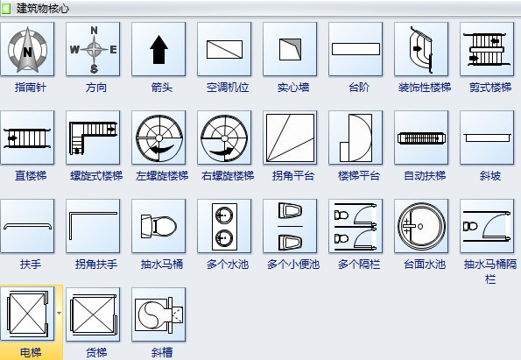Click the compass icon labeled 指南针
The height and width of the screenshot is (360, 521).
[27, 50]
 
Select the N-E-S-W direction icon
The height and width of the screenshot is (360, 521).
[93, 50]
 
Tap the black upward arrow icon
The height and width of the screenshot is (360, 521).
[158, 50]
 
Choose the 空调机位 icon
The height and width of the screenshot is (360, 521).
[224, 50]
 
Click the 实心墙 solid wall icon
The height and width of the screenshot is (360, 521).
[290, 50]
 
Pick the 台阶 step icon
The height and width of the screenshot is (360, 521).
[356, 50]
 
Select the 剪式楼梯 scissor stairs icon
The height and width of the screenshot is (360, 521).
[487, 50]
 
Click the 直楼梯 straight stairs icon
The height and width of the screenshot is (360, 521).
[27, 138]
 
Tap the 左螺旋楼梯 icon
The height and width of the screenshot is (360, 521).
[158, 138]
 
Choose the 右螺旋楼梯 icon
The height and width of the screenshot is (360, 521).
[224, 138]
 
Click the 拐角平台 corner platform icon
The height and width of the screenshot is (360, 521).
[290, 138]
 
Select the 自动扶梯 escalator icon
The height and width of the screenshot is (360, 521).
[421, 138]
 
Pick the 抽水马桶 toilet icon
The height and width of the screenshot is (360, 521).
[158, 226]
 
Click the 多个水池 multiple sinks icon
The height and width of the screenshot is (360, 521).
[224, 226]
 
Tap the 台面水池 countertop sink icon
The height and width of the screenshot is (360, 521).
[421, 226]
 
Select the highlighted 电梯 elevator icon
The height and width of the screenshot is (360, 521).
[27, 314]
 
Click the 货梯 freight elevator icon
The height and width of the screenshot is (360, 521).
[93, 314]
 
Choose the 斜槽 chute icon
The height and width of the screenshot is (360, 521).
[158, 314]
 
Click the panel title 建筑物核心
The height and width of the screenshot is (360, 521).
[44, 8]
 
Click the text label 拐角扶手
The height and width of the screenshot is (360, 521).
[93, 264]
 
